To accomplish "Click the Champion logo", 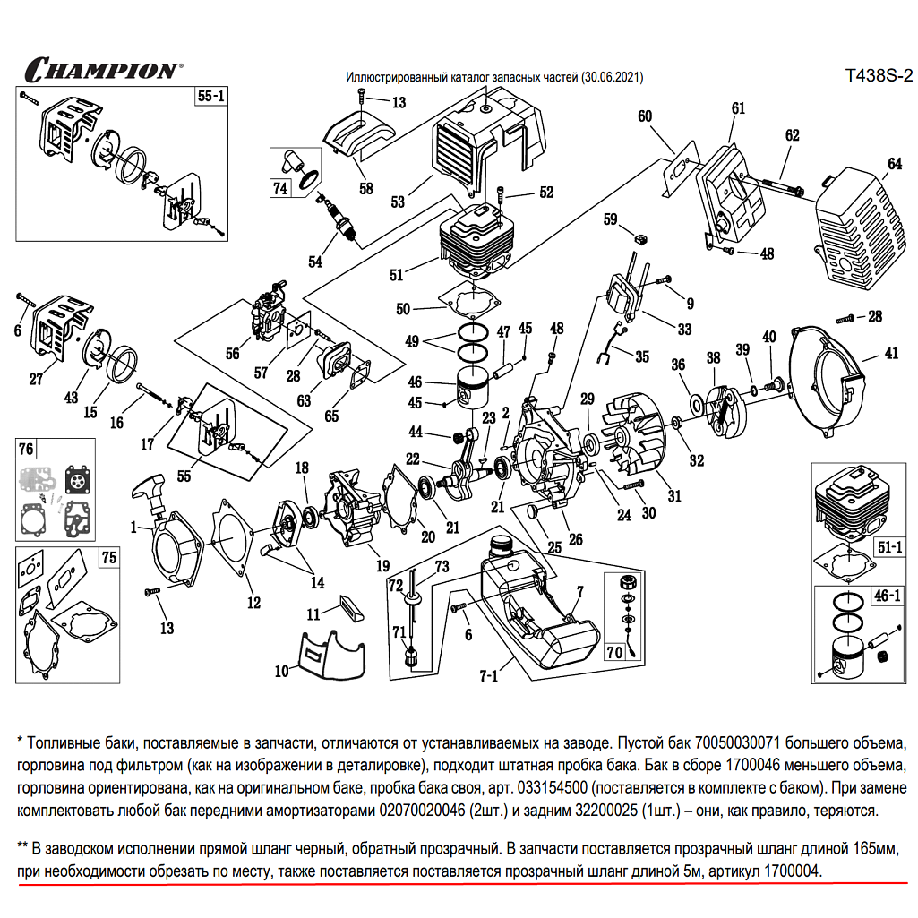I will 100,69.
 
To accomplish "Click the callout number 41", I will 891,354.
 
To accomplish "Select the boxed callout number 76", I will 26,448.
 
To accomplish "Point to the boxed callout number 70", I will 614,651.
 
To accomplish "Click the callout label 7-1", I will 488,674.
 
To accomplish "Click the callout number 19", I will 383,565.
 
